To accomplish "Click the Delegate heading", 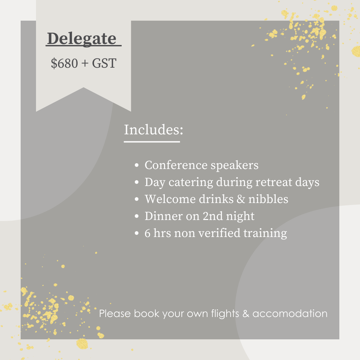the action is coord(82,39).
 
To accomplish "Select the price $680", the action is coord(64,63).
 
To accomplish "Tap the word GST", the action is coord(104,63).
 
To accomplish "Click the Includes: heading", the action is coord(154,129).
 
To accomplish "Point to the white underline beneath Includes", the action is coord(152,142).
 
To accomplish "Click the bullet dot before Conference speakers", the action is coord(137,165).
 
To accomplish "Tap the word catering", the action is coord(191,183).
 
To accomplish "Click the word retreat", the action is coord(274,182).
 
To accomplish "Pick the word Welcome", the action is coord(170,199).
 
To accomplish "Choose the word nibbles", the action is coord(268,199).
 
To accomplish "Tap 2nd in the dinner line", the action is coord(213,216).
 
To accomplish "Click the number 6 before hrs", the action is coord(147,233).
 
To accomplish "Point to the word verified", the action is coord(219,233).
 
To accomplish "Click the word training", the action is coord(265,233).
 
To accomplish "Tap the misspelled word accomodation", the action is coord(290,314).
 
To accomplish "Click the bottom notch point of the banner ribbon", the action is coord(84,87).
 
